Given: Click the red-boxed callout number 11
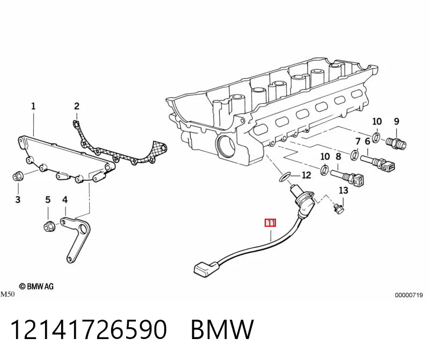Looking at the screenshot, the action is point(270,223).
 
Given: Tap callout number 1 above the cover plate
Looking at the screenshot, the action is point(33,106).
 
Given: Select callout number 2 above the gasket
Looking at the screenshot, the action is point(77,106).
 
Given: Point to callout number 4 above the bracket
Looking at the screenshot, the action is point(65,200).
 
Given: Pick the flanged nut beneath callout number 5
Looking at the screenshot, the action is point(49,226).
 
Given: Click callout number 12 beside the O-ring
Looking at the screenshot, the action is point(306,175).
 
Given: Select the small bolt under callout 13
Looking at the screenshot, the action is point(338,208).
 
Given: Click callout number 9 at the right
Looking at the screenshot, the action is point(397,121).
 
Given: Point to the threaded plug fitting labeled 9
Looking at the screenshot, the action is point(396,143).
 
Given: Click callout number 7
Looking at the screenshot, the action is point(358,141).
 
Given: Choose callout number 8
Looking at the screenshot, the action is point(338,156).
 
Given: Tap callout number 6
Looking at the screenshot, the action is point(367,141).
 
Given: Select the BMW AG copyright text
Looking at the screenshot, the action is point(37,286).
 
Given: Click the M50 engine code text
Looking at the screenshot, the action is point(8,294).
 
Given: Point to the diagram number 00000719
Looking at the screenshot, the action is point(409,295).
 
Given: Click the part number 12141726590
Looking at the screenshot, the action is point(88,329).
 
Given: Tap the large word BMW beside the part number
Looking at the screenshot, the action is point(222,329).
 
